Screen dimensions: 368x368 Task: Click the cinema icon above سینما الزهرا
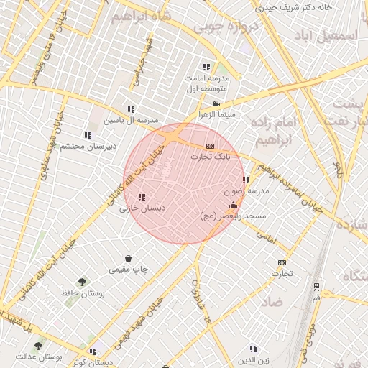pyautogui.click(x=217, y=103)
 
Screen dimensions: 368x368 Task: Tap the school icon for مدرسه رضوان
pyautogui.click(x=247, y=180)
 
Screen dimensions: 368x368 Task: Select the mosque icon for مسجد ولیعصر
pyautogui.click(x=232, y=206)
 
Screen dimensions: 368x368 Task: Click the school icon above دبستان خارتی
pyautogui.click(x=141, y=197)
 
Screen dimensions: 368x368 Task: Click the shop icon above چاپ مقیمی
pyautogui.click(x=128, y=259)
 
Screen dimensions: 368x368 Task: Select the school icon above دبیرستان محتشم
pyautogui.click(x=88, y=135)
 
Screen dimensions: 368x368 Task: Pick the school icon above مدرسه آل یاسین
pyautogui.click(x=130, y=109)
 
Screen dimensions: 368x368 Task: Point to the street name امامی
pyautogui.click(x=265, y=235)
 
